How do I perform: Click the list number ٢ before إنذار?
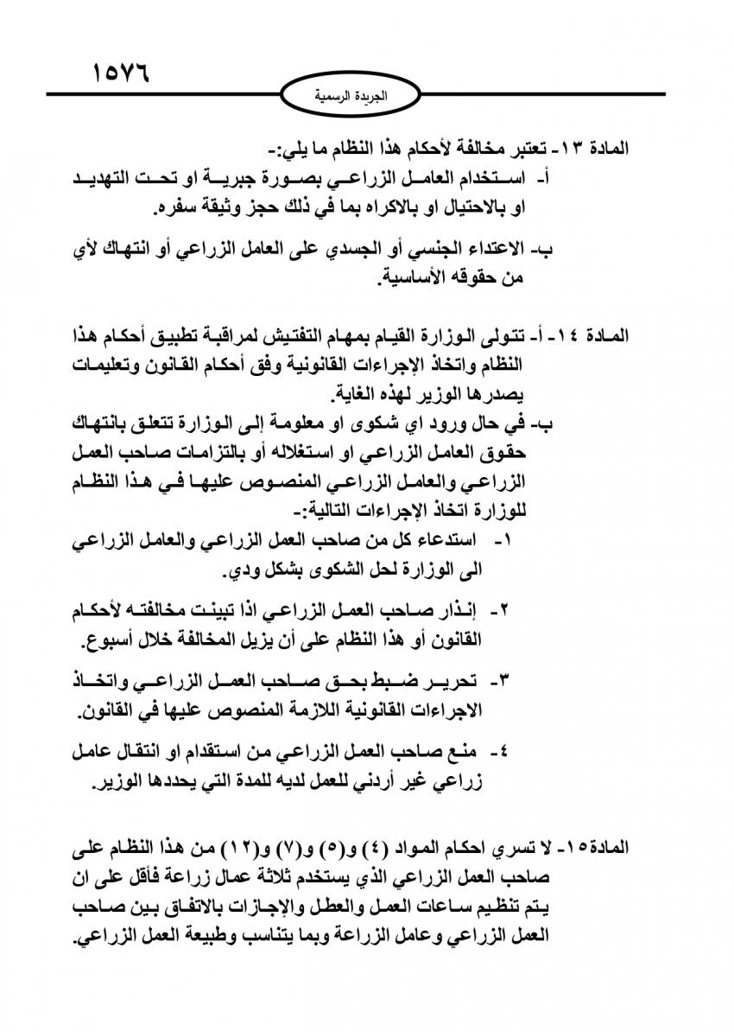(x=506, y=611)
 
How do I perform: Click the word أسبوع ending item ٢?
(x=110, y=640)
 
